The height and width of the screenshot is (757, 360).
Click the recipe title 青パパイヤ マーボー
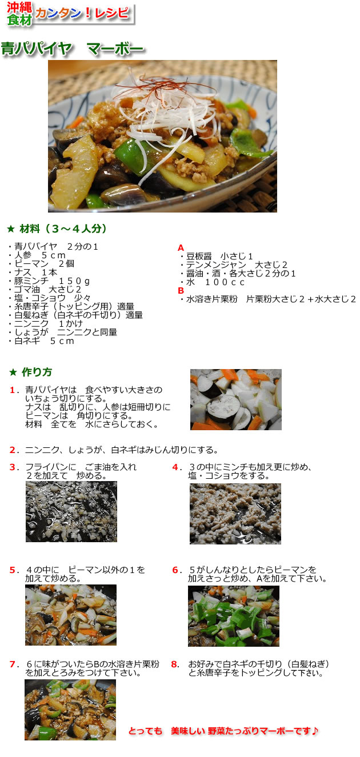click(72, 49)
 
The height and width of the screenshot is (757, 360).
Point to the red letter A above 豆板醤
click(181, 248)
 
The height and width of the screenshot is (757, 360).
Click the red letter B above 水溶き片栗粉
click(181, 290)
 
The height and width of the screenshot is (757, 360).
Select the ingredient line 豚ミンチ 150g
click(52, 281)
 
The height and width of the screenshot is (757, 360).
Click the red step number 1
click(13, 390)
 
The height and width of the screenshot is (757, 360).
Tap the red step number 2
click(13, 449)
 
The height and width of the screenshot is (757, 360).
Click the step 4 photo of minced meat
click(235, 514)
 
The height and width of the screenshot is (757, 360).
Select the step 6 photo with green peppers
click(233, 616)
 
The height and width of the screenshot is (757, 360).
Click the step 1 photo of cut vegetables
click(235, 399)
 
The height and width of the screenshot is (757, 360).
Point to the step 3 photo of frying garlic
click(71, 511)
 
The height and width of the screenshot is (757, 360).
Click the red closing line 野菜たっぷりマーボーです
click(223, 731)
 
